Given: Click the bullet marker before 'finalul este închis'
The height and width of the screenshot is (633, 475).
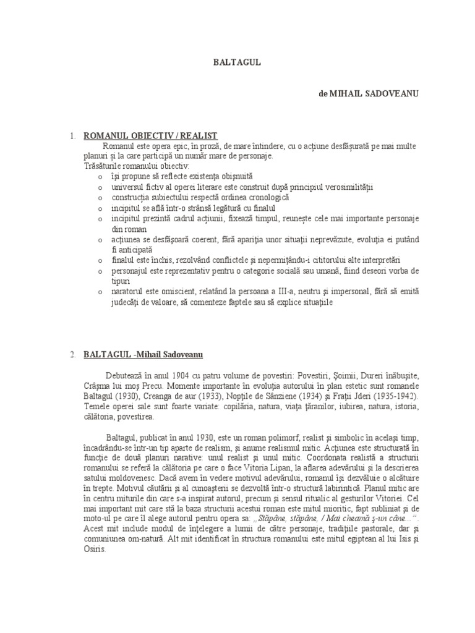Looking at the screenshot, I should click(100, 260).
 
